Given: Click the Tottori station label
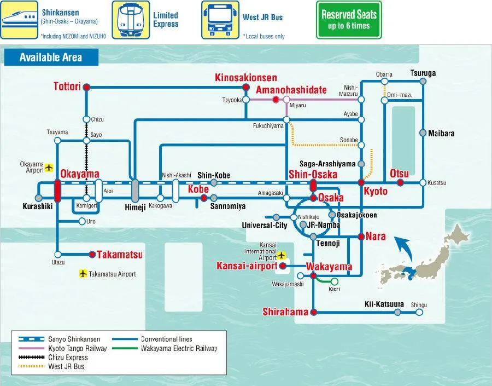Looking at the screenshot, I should (x=67, y=87).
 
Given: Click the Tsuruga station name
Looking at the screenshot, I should (x=423, y=73).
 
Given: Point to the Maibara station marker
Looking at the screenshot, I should (x=423, y=133).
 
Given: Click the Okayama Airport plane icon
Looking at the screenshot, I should (x=50, y=167).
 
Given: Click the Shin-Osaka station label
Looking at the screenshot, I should (x=313, y=174).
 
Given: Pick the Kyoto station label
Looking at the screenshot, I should (x=376, y=192).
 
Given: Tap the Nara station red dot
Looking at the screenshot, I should (x=361, y=237).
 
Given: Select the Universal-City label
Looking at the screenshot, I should (x=265, y=225).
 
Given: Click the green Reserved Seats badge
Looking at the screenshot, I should (x=349, y=20).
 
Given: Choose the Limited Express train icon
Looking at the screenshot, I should (x=131, y=20).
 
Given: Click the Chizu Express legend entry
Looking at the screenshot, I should (x=60, y=357).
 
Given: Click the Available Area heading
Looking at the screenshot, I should (x=51, y=57).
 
